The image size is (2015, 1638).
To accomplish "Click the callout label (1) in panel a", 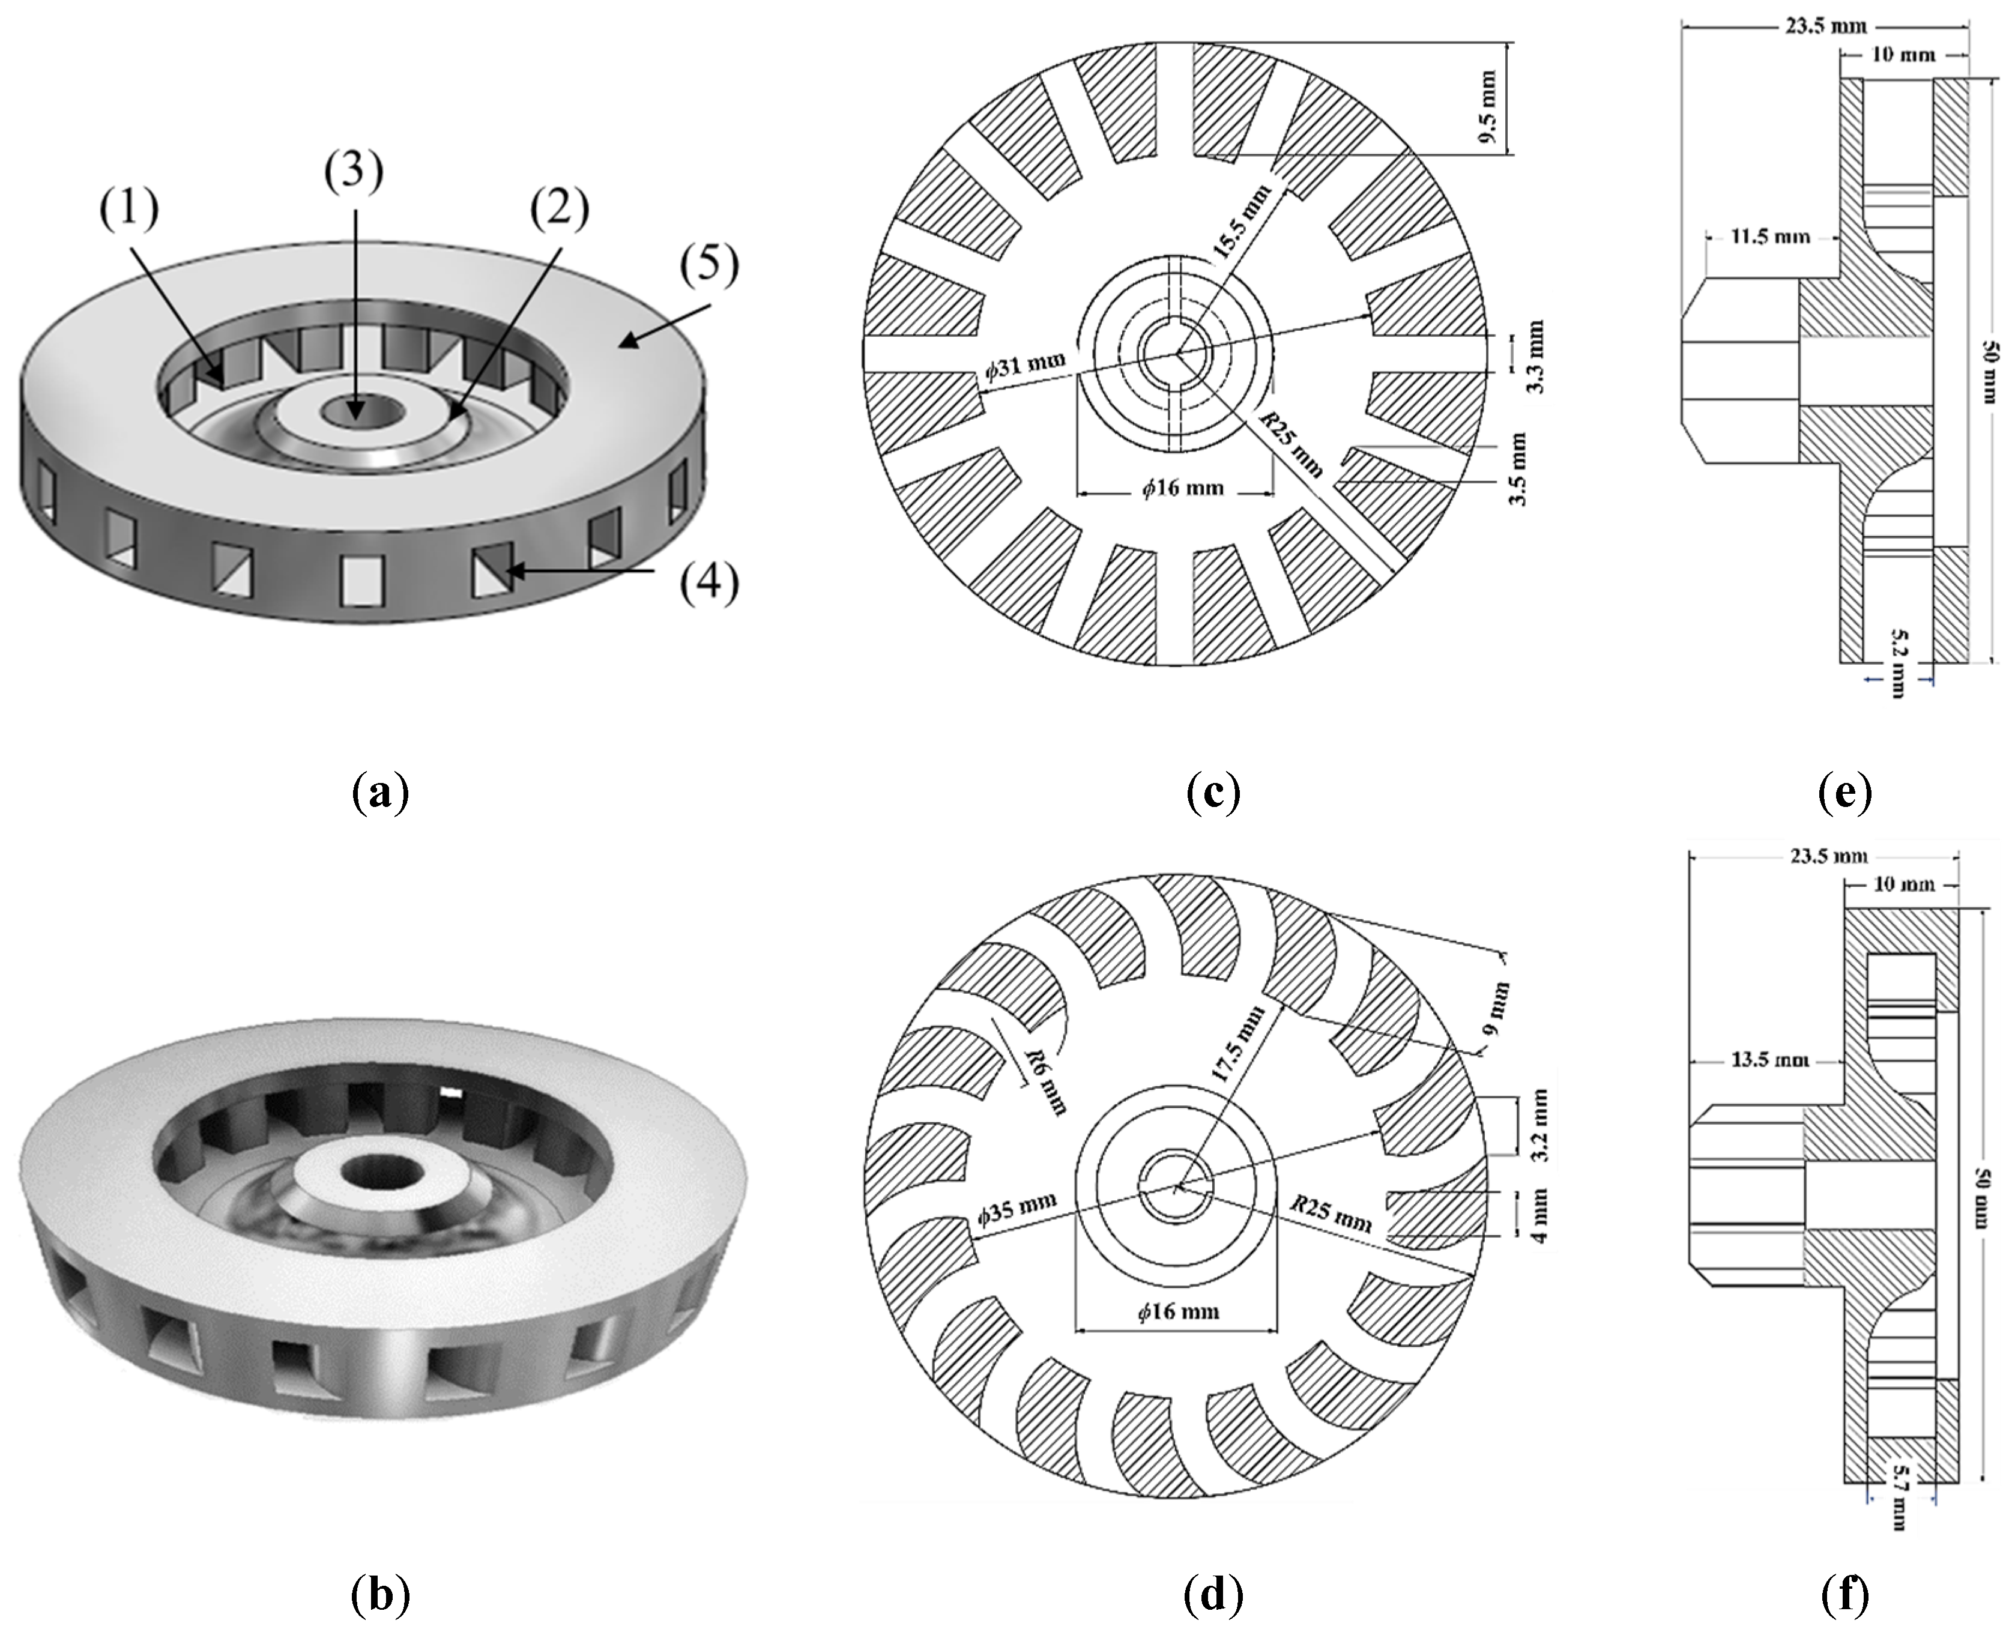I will (x=129, y=210).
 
